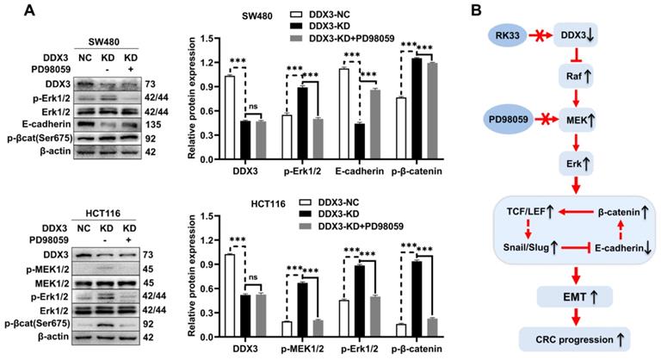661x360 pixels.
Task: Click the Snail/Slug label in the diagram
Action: click(523, 249)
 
